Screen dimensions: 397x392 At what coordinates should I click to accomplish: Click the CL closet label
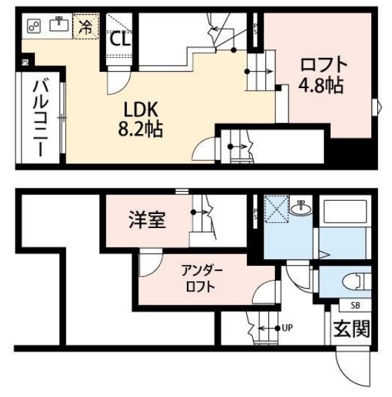[x=120, y=40]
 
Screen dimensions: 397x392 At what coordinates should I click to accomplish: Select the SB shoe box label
[x=337, y=304]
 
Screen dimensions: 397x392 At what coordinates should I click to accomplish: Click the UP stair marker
[x=285, y=328]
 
